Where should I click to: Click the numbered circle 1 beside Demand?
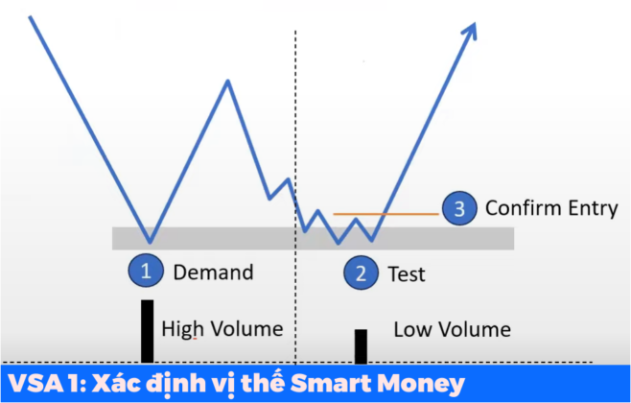(147, 271)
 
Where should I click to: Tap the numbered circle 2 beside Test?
(361, 273)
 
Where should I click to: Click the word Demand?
(213, 272)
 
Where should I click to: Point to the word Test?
(406, 274)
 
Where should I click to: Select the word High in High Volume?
(181, 329)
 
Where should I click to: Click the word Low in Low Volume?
(411, 330)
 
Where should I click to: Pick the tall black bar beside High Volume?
(148, 331)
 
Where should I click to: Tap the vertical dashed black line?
(295, 115)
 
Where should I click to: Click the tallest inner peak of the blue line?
(228, 81)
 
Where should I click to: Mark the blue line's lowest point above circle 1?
(149, 241)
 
